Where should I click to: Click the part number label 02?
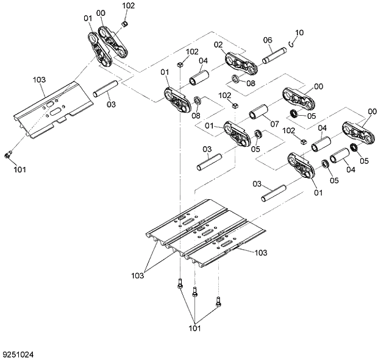coord(218,44)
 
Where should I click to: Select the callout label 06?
coord(267,40)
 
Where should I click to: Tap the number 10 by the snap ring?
coord(299,32)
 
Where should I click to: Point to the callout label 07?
coord(274,124)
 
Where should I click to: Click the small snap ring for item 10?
coord(293,42)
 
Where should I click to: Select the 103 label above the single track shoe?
coord(39,79)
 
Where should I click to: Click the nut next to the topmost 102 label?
coord(124,23)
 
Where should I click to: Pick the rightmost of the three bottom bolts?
coord(217,300)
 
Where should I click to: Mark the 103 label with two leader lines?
coord(137,276)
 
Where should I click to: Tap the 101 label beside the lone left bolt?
coord(20,169)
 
